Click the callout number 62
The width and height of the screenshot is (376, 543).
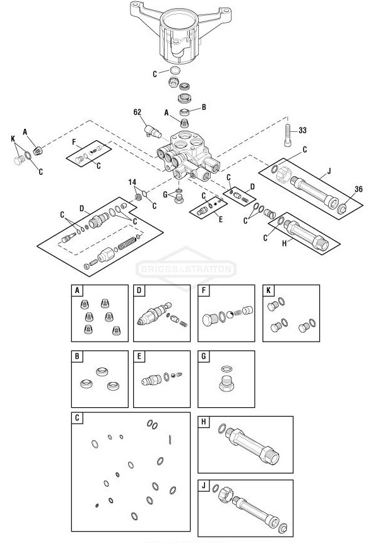138,112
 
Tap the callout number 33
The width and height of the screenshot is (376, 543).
302,131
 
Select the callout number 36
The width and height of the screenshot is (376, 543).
358,189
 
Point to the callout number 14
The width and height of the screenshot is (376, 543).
132,182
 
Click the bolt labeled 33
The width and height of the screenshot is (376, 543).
288,136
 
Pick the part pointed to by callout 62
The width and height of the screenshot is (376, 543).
153,131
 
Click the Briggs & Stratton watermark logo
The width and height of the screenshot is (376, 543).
187,269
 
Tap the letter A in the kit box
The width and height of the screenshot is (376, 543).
77,290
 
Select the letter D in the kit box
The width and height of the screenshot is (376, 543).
139,290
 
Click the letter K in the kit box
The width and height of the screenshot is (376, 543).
268,290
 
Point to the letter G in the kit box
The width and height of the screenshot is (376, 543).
203,356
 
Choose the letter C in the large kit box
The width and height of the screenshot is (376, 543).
77,417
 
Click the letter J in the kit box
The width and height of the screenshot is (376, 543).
203,486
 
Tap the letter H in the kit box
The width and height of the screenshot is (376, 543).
203,422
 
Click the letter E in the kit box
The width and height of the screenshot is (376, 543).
139,356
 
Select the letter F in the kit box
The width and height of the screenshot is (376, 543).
203,290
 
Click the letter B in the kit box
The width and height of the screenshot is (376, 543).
77,356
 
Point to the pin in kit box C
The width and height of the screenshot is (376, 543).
170,439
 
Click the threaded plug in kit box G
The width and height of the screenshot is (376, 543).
226,383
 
